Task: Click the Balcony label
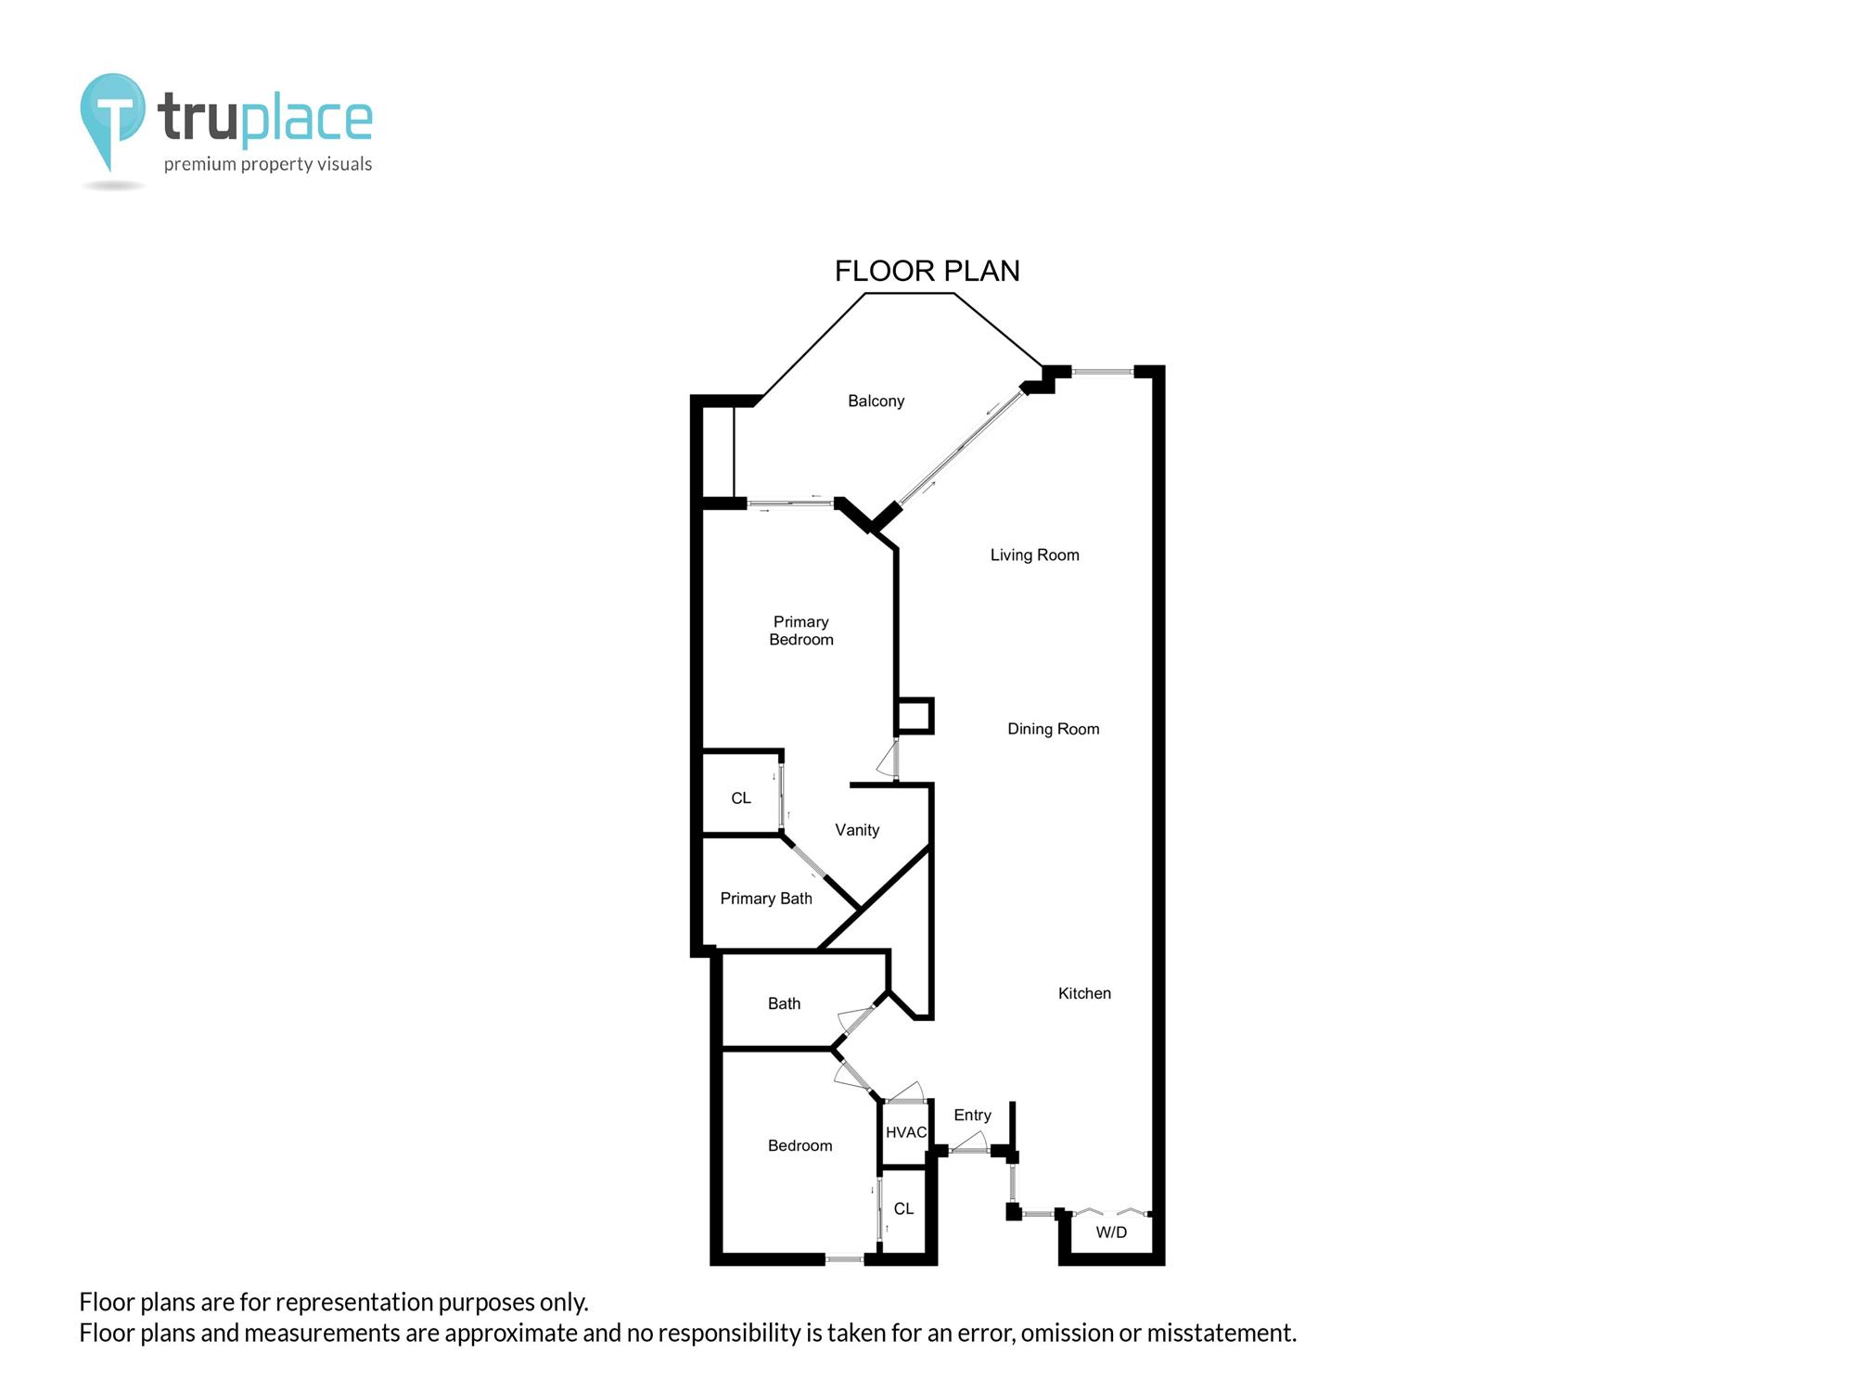tap(876, 401)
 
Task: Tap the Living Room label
tap(1034, 555)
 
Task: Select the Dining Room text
tap(1053, 729)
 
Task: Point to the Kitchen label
tap(1084, 993)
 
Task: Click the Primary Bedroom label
tap(801, 631)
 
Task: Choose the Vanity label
tap(856, 830)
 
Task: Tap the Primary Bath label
tap(766, 899)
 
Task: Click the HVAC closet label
tap(905, 1132)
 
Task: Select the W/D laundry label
tap(1111, 1232)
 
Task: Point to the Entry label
tap(972, 1116)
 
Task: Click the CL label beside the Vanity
tap(741, 798)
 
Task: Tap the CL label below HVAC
tap(903, 1209)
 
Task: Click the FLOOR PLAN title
tap(927, 271)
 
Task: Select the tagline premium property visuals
tap(268, 164)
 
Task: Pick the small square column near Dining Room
tap(914, 716)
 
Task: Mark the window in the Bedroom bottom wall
tap(844, 1259)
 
